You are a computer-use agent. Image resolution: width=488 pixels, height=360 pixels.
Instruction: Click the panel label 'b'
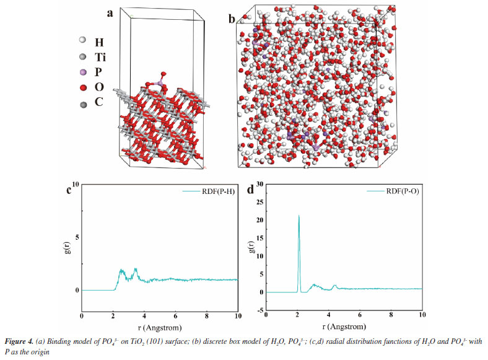point(232,20)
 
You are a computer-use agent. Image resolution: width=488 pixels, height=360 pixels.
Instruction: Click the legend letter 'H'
point(99,42)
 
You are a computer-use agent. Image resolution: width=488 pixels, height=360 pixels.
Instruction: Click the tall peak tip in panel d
point(299,216)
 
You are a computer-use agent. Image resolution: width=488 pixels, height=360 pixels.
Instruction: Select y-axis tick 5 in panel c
point(77,237)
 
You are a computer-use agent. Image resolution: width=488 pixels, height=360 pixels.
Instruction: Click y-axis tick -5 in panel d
point(260,310)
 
